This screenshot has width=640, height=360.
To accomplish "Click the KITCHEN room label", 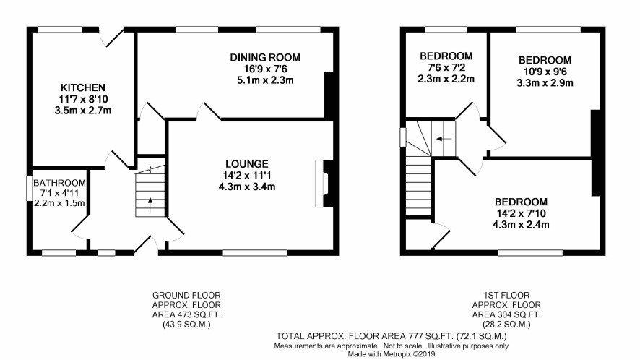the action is [x=83, y=87].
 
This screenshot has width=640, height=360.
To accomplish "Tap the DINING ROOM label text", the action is [x=265, y=57].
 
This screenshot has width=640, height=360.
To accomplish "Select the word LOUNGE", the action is [x=247, y=164].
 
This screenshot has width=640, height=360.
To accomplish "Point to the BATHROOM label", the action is [x=59, y=183].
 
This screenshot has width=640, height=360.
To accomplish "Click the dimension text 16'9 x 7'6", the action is [x=265, y=69].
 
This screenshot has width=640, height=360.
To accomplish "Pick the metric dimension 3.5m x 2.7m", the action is [x=83, y=111].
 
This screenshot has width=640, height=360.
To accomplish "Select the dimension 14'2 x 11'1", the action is [x=247, y=175].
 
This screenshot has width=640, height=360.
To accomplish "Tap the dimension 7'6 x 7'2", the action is [x=446, y=67].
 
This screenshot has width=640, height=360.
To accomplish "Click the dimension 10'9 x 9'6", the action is [x=545, y=72].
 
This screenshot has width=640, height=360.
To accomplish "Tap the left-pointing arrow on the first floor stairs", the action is [x=444, y=139].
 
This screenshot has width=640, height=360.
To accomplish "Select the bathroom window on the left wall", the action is [x=30, y=188].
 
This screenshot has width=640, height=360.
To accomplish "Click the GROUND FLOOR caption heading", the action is [x=186, y=295].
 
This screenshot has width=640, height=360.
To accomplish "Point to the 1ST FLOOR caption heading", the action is [x=506, y=295].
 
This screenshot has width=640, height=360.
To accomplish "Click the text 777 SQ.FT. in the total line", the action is [x=431, y=336].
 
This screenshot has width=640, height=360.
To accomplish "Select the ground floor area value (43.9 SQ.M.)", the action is [x=186, y=325].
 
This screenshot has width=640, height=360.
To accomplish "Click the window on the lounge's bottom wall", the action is [x=255, y=253].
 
